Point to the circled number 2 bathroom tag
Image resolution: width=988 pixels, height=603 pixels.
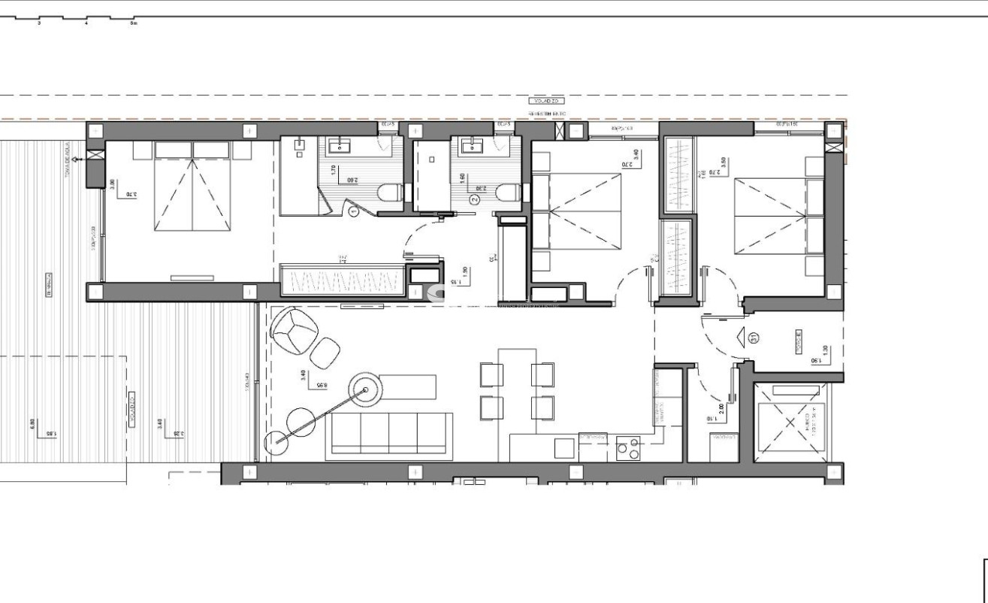pos(474,200)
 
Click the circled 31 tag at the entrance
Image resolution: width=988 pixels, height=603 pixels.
pos(754,338)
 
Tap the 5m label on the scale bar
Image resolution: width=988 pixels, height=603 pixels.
pos(133,23)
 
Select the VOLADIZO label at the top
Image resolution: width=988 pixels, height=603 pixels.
pos(546,101)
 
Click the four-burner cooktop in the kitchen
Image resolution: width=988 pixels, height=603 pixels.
pos(627,449)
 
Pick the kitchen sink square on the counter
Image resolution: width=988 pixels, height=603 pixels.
pos(565,449)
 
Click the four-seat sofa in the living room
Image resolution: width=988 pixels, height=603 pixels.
pos(389,435)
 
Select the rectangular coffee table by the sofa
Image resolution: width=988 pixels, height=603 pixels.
pos(407,387)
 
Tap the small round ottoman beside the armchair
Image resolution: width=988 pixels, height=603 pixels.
pos(325,353)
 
